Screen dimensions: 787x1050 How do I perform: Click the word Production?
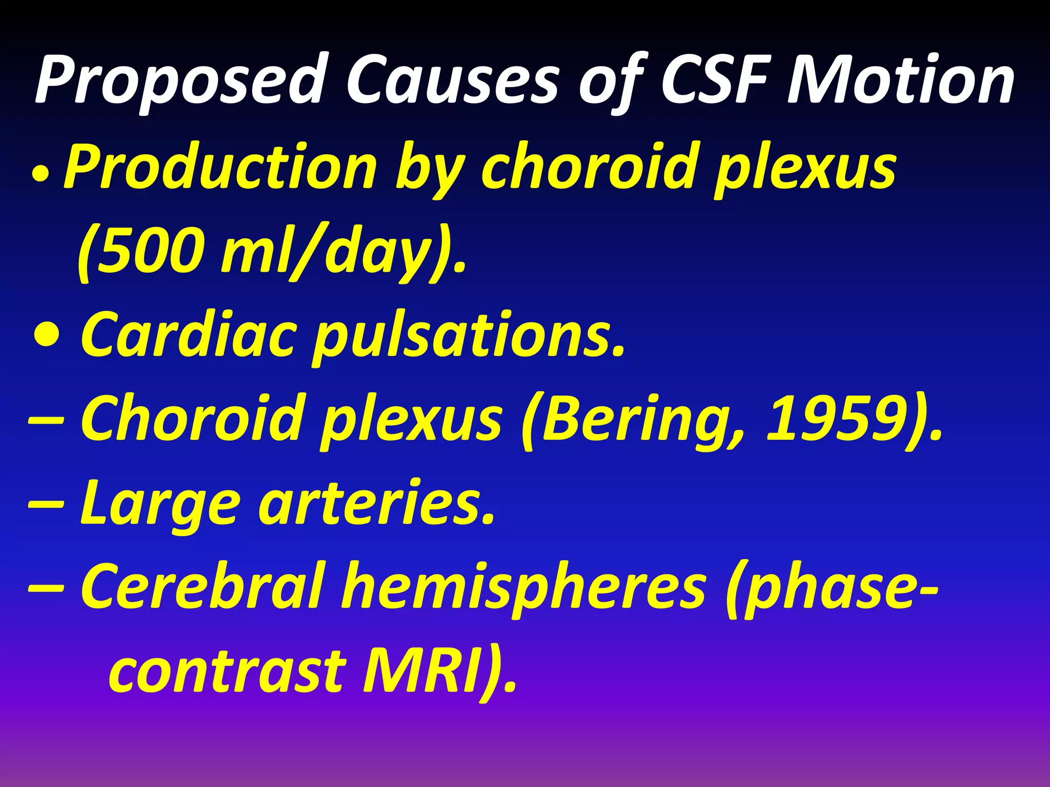coord(220,167)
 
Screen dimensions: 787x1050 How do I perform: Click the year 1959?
coord(841,418)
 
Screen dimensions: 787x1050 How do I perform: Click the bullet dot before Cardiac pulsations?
coord(47,336)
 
